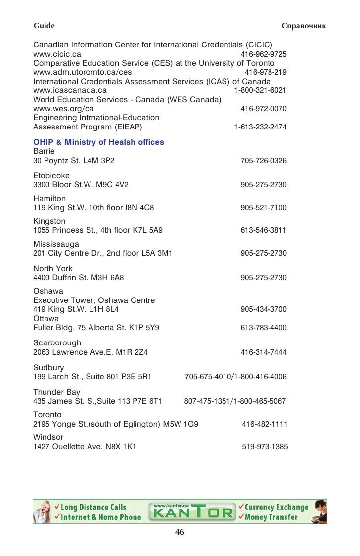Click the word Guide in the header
coord(44,25)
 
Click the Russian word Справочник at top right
coord(303,25)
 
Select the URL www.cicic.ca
coord(57,54)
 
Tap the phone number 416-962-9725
coord(263,54)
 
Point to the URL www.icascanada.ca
coord(70,90)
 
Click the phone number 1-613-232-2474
coord(260,127)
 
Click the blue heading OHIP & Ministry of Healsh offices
coord(98,142)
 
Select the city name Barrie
coord(44,151)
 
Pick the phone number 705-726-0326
coord(263,161)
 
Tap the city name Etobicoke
coord(51,176)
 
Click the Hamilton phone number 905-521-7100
coord(263,208)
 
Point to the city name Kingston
coord(49,221)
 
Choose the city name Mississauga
coord(56,244)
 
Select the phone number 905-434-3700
coord(263,309)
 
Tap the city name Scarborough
coord(57,343)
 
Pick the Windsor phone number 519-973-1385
coord(265,447)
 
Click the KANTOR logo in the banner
coord(193,511)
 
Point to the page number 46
coord(180,532)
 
